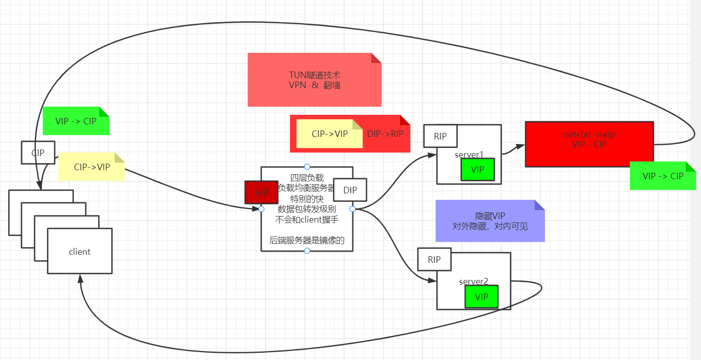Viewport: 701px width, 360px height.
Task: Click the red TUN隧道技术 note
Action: [x=314, y=80]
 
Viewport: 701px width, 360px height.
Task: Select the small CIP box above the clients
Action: [x=38, y=153]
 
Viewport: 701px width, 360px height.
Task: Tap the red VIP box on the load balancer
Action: [x=261, y=192]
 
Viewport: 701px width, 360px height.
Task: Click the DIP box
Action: [x=349, y=190]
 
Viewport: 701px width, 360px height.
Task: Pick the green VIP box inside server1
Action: [x=477, y=170]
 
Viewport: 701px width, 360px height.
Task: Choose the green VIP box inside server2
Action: [x=481, y=297]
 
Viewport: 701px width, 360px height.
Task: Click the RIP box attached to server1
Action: [x=440, y=136]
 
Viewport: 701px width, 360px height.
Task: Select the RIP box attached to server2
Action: [x=434, y=260]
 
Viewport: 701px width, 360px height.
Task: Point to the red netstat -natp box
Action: [x=589, y=144]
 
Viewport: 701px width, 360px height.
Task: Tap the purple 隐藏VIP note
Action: [x=490, y=221]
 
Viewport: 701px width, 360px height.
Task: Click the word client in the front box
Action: [x=80, y=252]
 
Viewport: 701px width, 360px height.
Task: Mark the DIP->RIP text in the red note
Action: [x=385, y=134]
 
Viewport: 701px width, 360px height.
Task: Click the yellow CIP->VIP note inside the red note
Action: [x=329, y=134]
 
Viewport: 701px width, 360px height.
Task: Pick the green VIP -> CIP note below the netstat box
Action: [x=663, y=176]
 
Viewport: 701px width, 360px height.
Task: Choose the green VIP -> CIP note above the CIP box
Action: [x=76, y=121]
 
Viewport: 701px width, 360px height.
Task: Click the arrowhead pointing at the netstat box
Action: [x=521, y=146]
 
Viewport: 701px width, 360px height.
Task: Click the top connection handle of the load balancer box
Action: [x=307, y=167]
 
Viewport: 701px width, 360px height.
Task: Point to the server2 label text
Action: [x=473, y=281]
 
